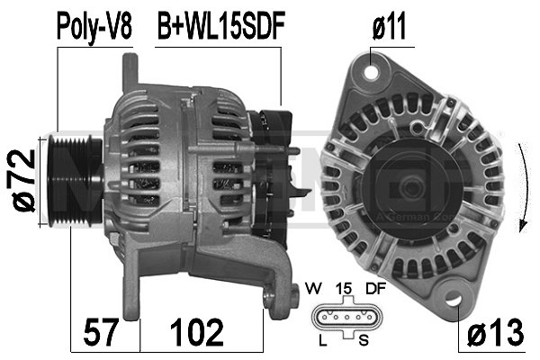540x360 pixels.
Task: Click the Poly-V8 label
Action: click(x=94, y=26)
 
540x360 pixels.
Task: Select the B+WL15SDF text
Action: click(x=221, y=26)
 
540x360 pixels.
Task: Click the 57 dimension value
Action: click(x=103, y=333)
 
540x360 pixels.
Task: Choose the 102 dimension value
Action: click(x=197, y=333)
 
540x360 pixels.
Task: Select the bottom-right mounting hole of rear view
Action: click(x=454, y=298)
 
